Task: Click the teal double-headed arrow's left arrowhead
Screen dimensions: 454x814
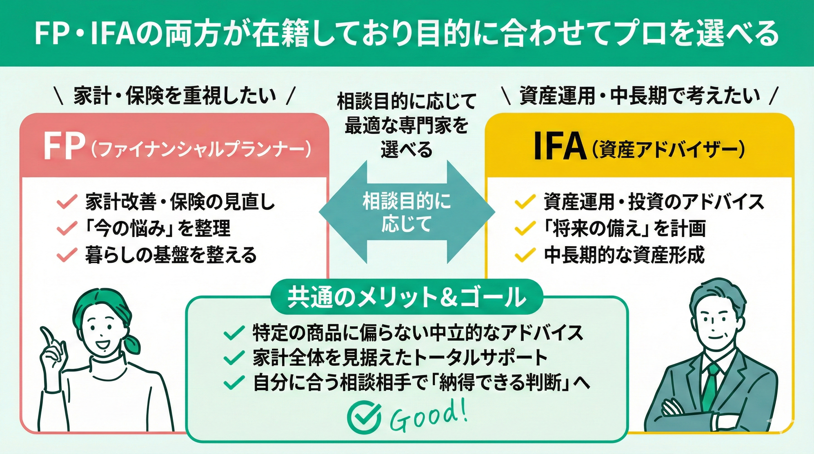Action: pyautogui.click(x=343, y=212)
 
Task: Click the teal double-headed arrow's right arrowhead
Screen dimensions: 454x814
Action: pyautogui.click(x=471, y=212)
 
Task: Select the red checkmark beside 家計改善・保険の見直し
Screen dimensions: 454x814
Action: pyautogui.click(x=67, y=202)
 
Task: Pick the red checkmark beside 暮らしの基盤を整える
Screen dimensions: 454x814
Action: pyautogui.click(x=67, y=255)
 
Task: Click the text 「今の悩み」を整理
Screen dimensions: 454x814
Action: pyautogui.click(x=158, y=228)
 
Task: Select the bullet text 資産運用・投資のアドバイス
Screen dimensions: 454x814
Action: pyautogui.click(x=653, y=202)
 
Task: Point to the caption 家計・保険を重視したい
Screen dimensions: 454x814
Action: pyautogui.click(x=175, y=96)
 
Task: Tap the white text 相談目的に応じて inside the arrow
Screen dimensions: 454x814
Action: pyautogui.click(x=407, y=212)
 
